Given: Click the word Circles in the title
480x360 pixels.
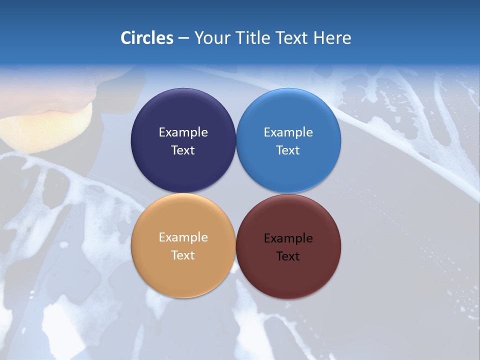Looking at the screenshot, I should [147, 38].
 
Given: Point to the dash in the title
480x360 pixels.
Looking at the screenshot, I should [183, 38].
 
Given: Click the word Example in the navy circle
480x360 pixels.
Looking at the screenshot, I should [183, 132].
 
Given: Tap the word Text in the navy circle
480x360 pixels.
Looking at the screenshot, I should [183, 150].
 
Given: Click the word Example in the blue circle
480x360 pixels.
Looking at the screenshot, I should [288, 132].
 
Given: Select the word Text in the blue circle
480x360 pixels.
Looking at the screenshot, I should [288, 150].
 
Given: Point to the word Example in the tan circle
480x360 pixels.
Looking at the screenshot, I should [183, 237].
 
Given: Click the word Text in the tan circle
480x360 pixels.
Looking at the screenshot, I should [183, 255].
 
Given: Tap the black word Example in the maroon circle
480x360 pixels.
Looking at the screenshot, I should [288, 238].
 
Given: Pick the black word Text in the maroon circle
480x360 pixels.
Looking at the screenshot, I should [288, 256].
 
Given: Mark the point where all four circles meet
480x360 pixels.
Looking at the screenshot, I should [236, 193].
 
